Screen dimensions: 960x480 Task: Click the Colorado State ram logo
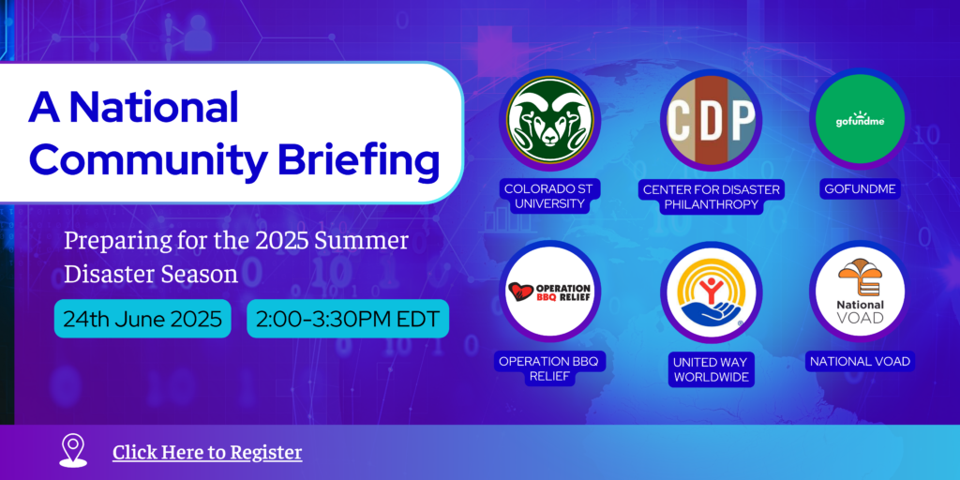(549, 121)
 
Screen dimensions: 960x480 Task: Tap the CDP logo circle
(711, 121)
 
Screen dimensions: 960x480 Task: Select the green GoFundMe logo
(861, 119)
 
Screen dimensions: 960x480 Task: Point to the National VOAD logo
(861, 292)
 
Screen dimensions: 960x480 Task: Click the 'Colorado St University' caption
(549, 197)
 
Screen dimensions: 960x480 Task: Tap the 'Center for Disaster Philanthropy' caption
(711, 197)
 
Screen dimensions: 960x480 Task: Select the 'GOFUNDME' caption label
(860, 189)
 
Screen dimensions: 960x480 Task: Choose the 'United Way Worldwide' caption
(711, 369)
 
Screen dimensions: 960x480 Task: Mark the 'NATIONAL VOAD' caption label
(860, 361)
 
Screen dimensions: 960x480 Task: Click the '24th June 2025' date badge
(142, 319)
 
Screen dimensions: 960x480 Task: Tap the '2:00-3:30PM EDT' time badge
(348, 319)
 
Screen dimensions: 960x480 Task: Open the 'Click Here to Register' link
(207, 453)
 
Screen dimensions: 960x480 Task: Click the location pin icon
(73, 451)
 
